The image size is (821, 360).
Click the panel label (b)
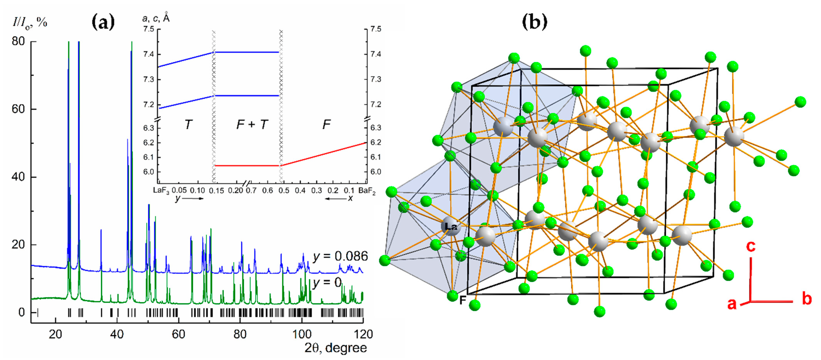tap(534, 22)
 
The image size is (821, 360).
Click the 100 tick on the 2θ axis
tap(301, 334)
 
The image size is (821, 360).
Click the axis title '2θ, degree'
tap(335, 348)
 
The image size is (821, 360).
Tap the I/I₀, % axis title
tap(30, 22)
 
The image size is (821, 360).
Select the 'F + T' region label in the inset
tap(252, 124)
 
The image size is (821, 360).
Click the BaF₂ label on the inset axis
tap(367, 191)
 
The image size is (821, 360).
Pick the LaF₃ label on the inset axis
tap(161, 191)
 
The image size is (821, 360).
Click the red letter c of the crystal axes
tap(751, 246)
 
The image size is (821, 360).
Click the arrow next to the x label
tap(335, 199)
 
